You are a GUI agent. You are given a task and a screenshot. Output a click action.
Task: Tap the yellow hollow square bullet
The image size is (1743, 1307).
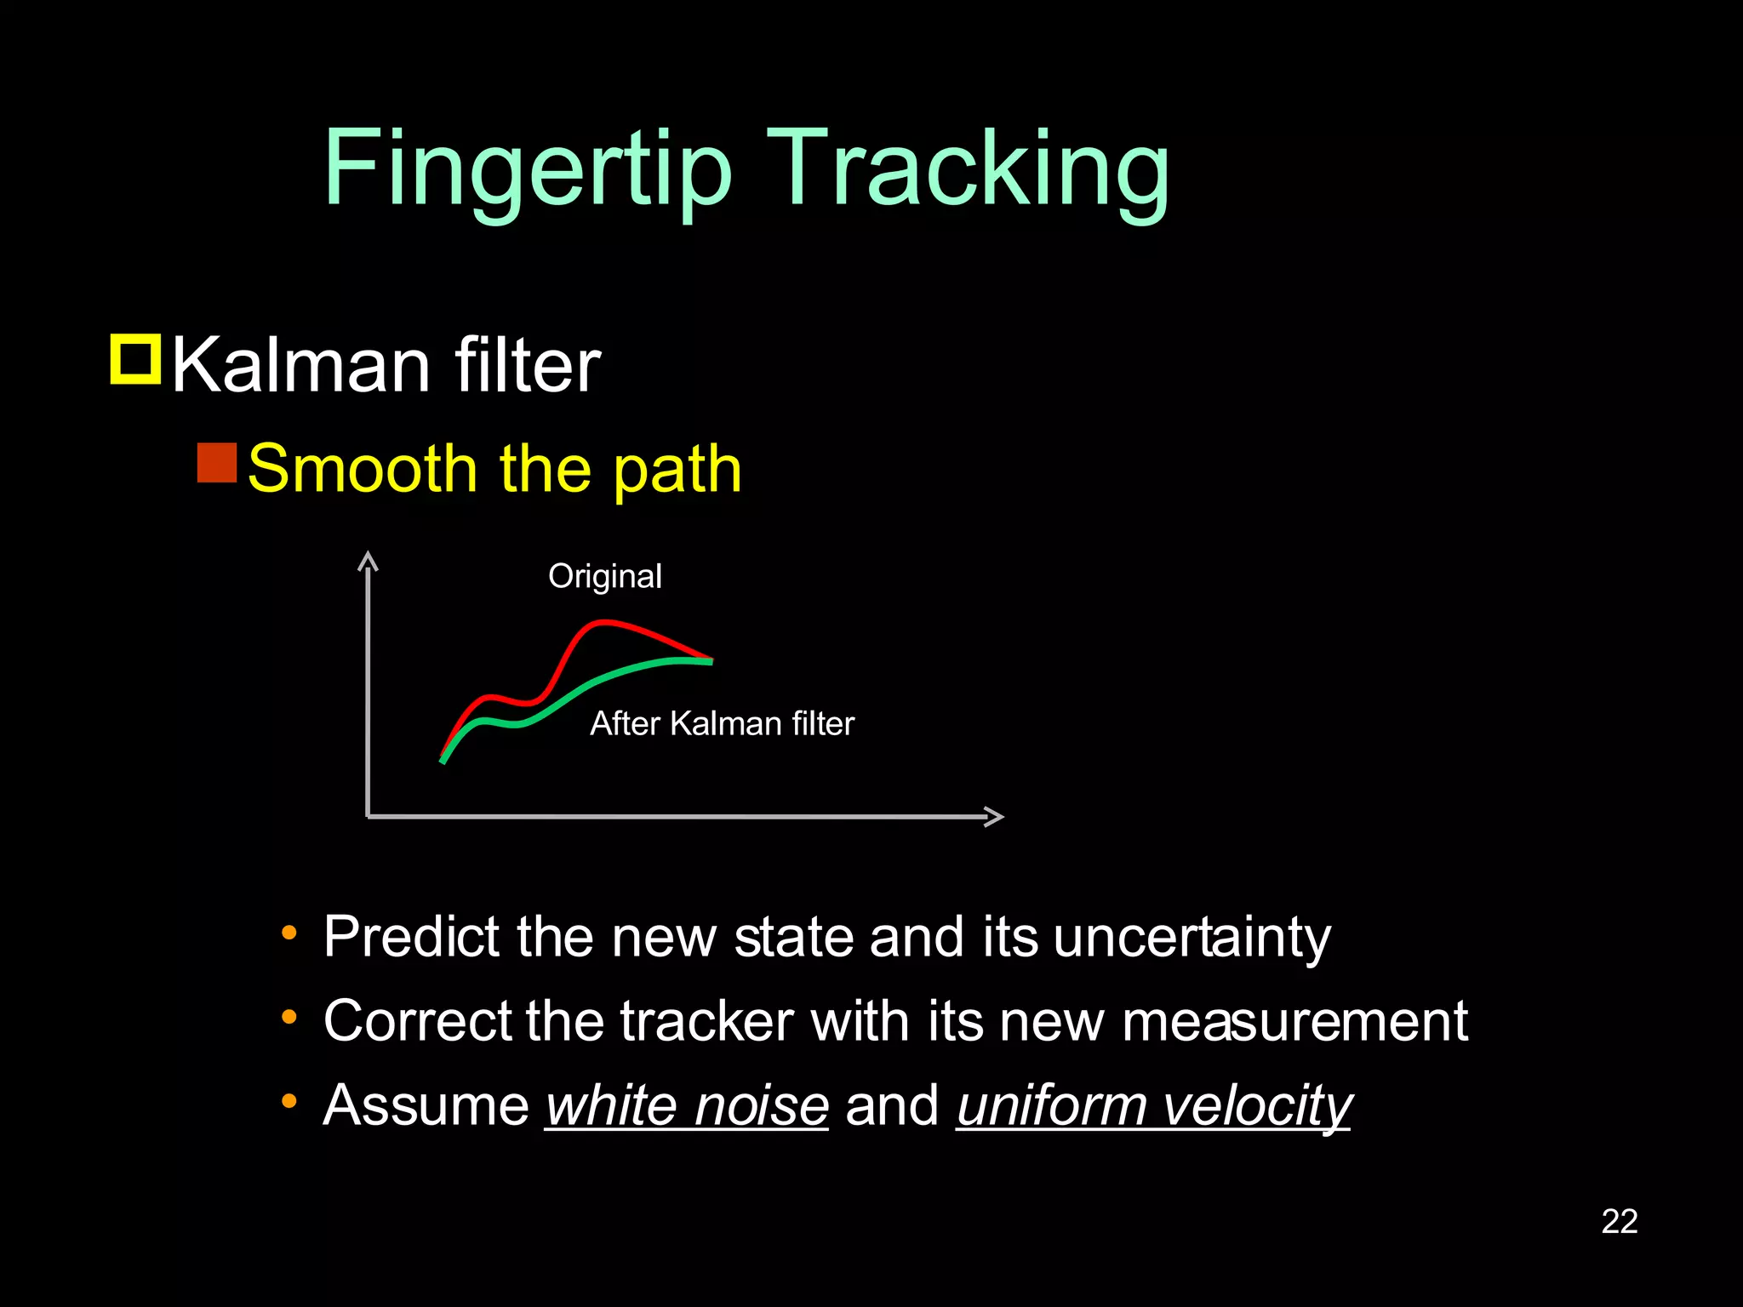click(135, 360)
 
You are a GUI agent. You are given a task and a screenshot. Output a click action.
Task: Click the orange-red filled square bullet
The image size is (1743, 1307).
click(217, 463)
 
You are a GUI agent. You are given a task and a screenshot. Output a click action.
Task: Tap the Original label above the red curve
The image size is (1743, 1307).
click(604, 577)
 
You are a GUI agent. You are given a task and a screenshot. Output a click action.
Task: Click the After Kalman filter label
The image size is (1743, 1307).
click(722, 723)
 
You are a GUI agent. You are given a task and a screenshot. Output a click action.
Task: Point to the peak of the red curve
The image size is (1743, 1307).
click(603, 623)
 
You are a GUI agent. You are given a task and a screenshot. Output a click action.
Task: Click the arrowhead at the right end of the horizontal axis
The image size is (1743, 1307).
click(996, 816)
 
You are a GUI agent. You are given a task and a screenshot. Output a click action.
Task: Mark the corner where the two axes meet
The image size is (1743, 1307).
click(368, 816)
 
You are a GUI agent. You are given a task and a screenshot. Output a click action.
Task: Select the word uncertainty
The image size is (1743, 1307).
click(1192, 937)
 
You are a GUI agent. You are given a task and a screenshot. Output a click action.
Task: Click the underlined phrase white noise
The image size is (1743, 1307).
click(687, 1105)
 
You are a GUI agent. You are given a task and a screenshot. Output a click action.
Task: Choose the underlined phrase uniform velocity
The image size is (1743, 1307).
click(1153, 1105)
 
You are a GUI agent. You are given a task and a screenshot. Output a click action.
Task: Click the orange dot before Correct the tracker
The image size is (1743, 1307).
click(289, 1017)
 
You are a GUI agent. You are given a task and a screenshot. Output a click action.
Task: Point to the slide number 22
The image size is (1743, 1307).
click(1619, 1222)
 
